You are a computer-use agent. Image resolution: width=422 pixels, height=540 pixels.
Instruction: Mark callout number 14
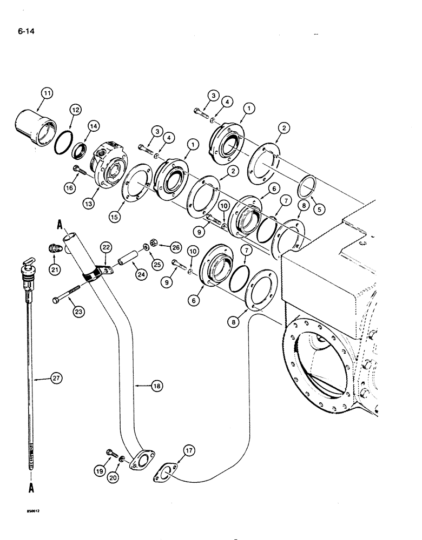(93, 126)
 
